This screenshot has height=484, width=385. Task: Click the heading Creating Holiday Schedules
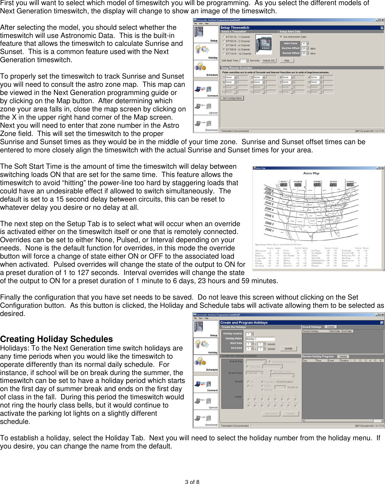point(56,339)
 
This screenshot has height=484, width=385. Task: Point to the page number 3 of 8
point(192,482)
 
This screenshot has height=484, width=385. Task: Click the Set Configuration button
point(232,98)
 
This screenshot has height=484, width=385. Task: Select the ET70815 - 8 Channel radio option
point(224,50)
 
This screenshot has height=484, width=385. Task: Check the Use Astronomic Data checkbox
point(281,37)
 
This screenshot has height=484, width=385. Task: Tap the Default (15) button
point(268,60)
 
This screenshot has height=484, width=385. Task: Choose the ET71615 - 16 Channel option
point(224,54)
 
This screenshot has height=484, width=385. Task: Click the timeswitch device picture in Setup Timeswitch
point(264,45)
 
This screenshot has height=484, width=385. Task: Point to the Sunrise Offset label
point(290,48)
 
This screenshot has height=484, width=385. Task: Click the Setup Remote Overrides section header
point(237,68)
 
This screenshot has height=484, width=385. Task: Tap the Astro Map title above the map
point(311,173)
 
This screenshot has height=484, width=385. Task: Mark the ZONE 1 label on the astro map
point(269,230)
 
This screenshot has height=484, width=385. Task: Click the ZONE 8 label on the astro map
point(269,189)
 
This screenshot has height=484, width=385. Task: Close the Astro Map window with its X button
point(382,168)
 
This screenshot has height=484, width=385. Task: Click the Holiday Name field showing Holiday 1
point(260,339)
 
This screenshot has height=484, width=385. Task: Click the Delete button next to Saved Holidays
point(331,327)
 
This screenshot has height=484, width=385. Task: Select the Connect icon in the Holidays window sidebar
point(206,385)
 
